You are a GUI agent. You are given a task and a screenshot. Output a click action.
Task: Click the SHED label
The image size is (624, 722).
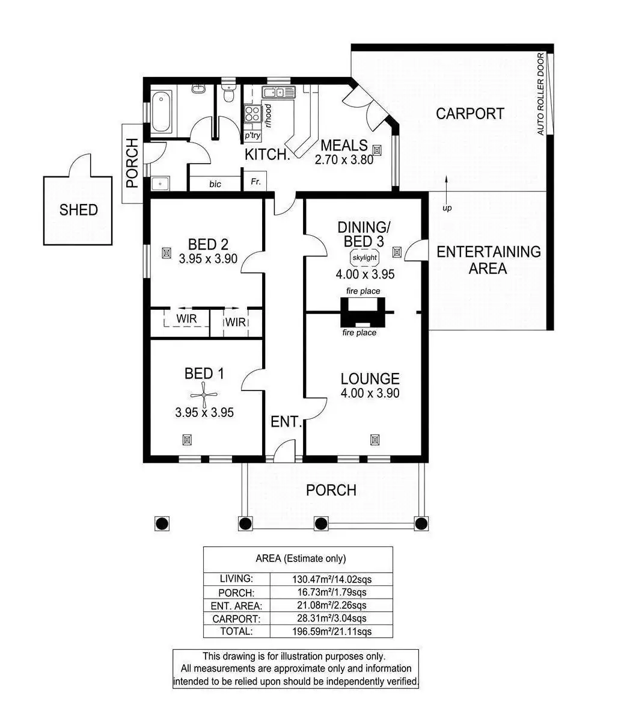coord(78,210)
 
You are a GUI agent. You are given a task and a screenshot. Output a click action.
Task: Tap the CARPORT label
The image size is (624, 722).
coord(470,114)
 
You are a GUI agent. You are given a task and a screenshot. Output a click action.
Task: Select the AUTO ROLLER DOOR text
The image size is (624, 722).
coord(540,94)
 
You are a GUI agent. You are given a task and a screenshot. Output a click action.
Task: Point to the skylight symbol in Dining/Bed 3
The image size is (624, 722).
coord(364,258)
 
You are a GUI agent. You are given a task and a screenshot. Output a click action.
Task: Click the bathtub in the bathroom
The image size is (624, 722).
coord(162,111)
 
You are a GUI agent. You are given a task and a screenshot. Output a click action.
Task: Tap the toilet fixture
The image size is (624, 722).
coord(228,95)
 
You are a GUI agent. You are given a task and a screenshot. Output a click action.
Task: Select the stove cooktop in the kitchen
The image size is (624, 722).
coord(252,114)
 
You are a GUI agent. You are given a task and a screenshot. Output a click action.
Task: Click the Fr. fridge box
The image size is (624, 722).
coord(255,182)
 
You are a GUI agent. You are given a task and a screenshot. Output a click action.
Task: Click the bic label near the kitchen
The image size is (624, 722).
coord(215,184)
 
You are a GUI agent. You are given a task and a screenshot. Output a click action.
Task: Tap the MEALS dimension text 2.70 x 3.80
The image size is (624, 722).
coord(344,160)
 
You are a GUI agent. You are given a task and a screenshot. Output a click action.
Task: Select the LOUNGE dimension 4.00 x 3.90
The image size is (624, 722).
coord(370,393)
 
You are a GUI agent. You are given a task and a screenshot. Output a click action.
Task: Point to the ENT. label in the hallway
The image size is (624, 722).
coord(286,422)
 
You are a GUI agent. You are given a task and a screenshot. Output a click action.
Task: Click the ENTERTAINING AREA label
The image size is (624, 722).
coord(488,260)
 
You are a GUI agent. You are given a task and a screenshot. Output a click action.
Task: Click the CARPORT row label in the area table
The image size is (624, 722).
coord(236,619)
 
